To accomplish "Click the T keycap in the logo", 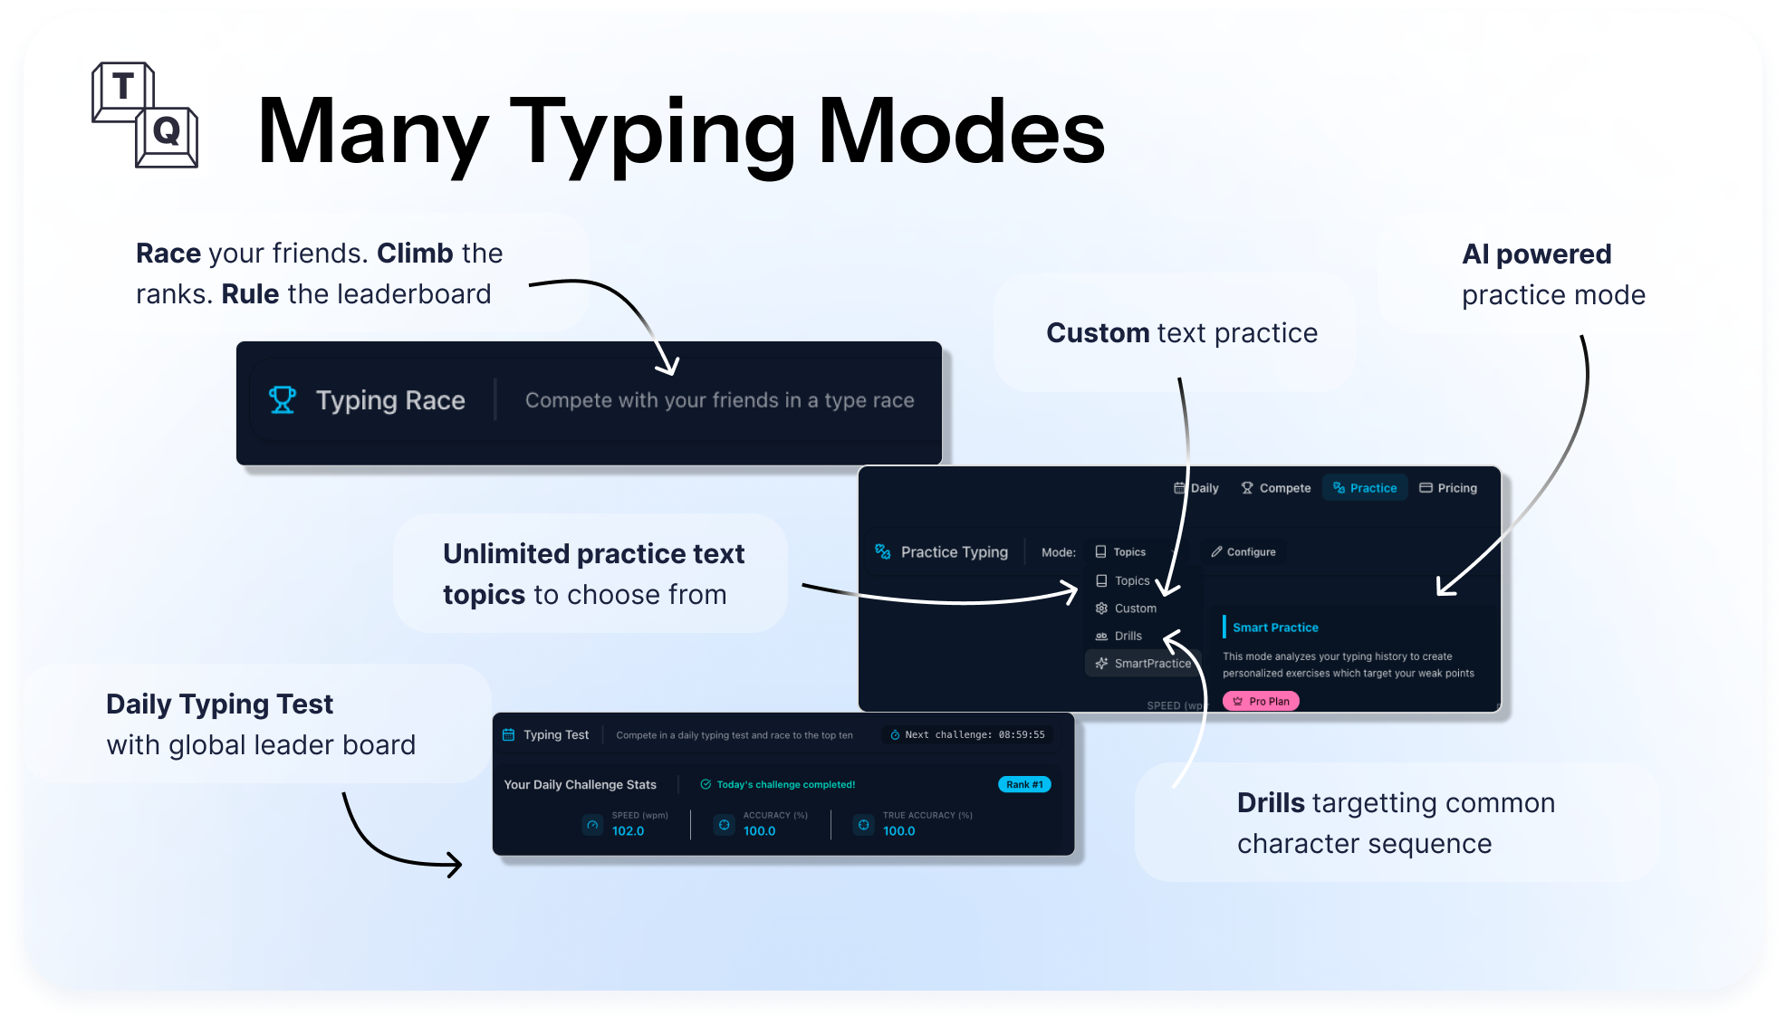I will [x=122, y=88].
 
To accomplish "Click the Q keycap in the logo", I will [x=167, y=132].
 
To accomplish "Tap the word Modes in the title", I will [x=961, y=132].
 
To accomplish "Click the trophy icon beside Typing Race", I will [x=283, y=399].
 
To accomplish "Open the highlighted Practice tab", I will [x=1365, y=488].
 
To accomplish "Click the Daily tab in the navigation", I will [x=1196, y=488].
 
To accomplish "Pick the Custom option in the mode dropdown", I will [x=1135, y=608].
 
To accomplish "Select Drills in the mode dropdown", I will [x=1128, y=636].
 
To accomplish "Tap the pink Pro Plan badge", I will [x=1261, y=701].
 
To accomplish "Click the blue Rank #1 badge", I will [x=1024, y=784].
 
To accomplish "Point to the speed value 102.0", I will [x=628, y=831].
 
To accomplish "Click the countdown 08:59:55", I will [x=1022, y=734].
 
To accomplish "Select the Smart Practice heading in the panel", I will [x=1275, y=627].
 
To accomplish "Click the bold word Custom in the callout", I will [x=1098, y=333].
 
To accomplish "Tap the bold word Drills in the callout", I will [x=1271, y=803].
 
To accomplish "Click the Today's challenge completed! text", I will [x=785, y=784].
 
